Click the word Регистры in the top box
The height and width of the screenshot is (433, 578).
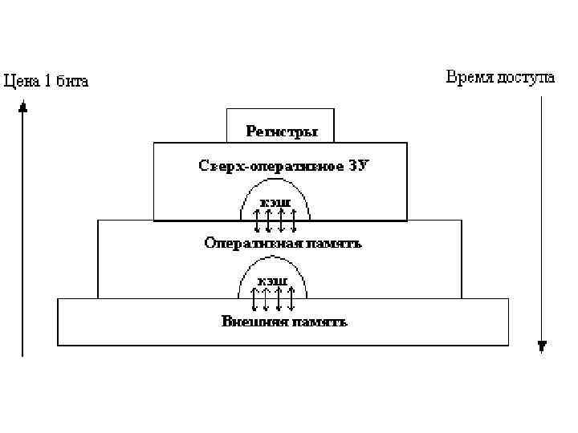pos(281,130)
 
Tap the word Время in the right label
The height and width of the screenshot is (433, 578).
pos(469,77)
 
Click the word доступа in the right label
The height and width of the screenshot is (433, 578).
pos(526,77)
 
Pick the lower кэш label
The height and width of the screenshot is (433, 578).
pos(274,281)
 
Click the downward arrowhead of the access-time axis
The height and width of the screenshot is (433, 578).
pos(542,346)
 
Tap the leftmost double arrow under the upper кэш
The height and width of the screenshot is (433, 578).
pos(257,219)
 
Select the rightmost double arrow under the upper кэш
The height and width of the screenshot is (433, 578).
pos(295,219)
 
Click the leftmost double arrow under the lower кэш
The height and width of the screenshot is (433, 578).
pos(254,299)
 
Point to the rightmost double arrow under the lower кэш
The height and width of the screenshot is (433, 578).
pos(292,299)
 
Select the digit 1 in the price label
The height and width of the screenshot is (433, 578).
pos(47,80)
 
